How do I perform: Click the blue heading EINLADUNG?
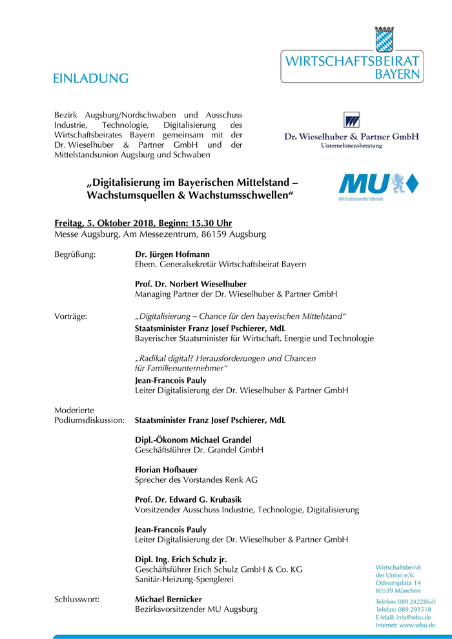coord(91,79)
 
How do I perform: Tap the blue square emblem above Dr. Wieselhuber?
coord(351,120)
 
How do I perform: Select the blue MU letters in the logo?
coord(363,183)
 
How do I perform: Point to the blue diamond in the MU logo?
coord(411,183)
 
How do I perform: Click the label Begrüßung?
coord(75,254)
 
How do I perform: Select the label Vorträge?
coord(71,316)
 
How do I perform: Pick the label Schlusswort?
coord(77,600)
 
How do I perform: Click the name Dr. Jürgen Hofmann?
coord(172,254)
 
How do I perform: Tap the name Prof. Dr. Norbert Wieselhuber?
coord(190,284)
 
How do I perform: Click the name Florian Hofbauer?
coord(167,470)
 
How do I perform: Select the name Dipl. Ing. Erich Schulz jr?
coord(181,559)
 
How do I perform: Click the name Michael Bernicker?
coord(169,600)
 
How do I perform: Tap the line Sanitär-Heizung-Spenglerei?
coord(184,580)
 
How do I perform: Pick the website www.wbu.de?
coord(417,625)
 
